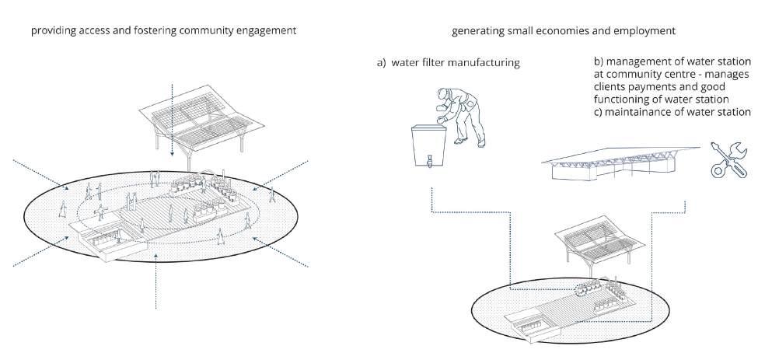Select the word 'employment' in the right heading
pos(647,31)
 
